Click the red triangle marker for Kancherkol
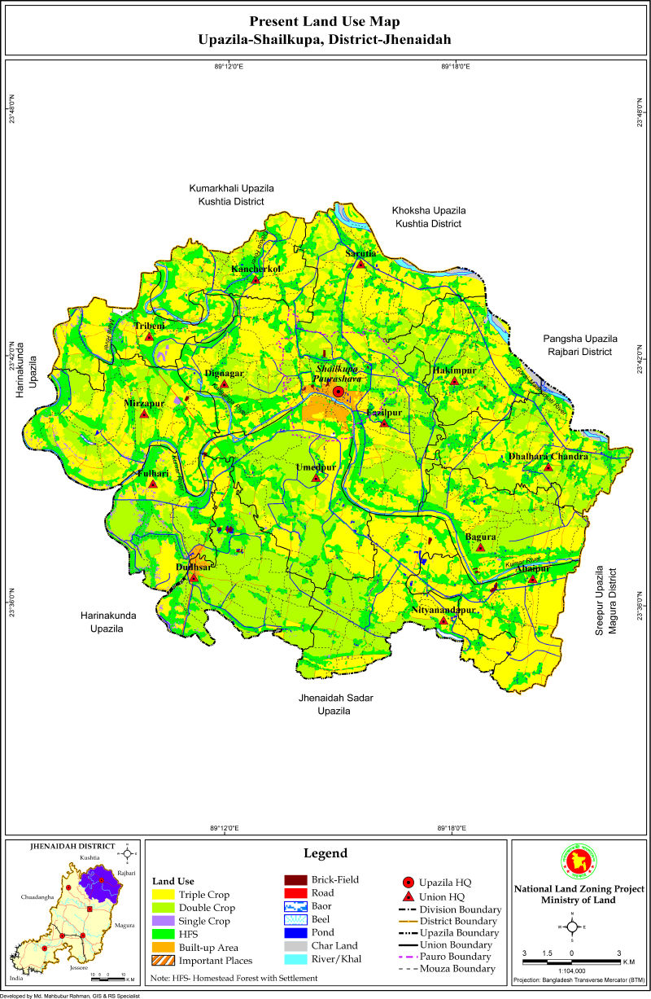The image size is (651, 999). coord(256,280)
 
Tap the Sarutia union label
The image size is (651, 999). coord(360,253)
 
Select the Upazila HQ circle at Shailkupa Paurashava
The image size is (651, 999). coord(339,392)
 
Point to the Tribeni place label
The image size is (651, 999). coord(149,326)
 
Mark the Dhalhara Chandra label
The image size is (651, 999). coord(548,457)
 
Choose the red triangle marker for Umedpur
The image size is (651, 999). coord(317,478)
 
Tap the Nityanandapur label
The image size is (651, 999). coord(443,609)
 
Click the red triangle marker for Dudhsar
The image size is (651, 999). coord(194,577)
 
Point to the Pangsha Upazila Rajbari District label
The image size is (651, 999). coord(580,344)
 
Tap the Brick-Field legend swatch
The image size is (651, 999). coord(294,880)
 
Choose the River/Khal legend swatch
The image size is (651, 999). coord(294,959)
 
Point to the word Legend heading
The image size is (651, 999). coord(325,853)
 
